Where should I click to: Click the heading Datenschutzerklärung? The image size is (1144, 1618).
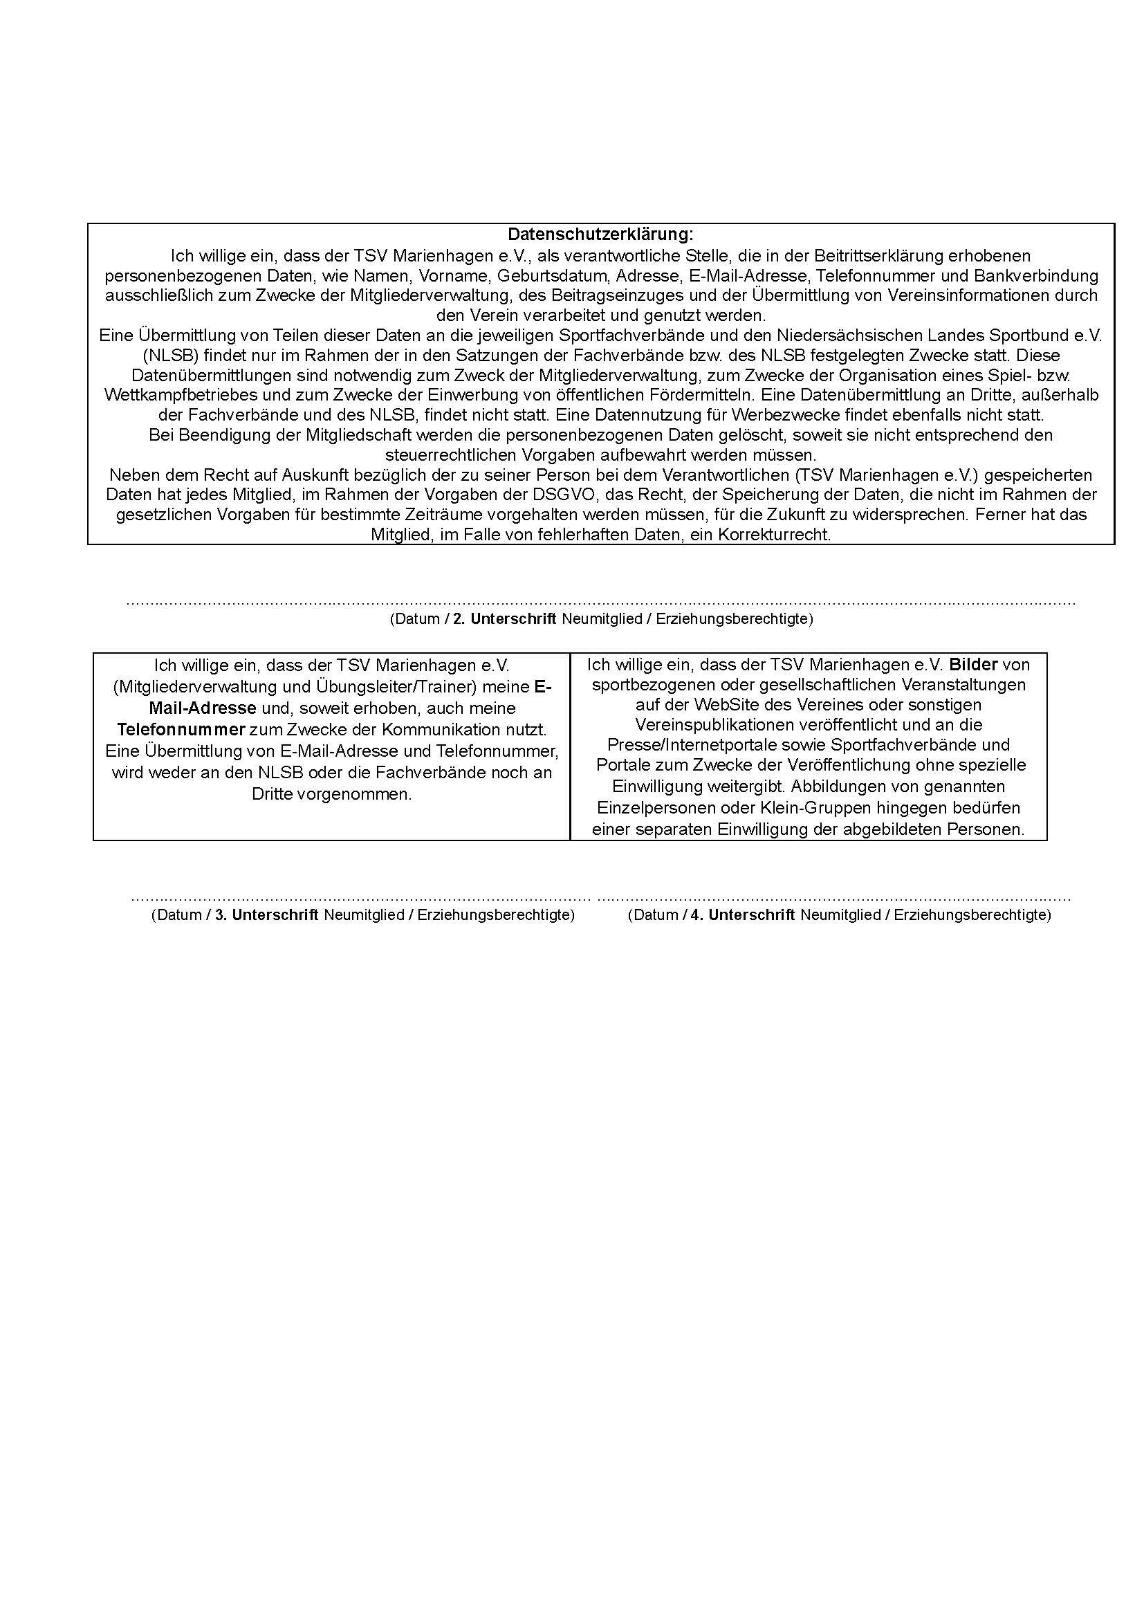click(x=600, y=234)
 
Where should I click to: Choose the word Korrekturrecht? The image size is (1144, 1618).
click(x=774, y=535)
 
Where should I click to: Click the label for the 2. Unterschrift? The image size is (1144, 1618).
click(x=513, y=619)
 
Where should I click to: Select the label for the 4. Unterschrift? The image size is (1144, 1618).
click(x=752, y=915)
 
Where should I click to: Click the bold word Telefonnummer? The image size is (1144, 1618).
click(x=181, y=729)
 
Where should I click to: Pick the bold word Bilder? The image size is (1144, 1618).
click(x=973, y=665)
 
